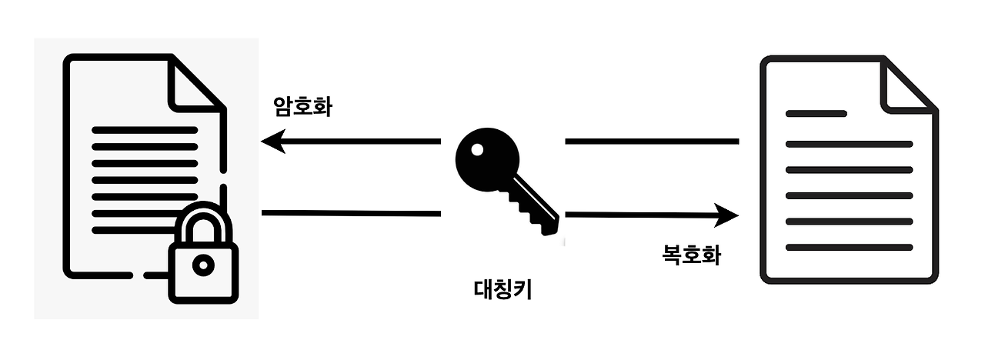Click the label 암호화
pos(302,106)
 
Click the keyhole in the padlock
pos(203,265)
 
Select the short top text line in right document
pos(816,114)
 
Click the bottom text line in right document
pos(848,247)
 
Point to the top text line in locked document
pos(145,129)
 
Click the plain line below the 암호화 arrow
pos(351,213)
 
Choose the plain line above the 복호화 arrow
pos(652,142)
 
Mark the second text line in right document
pos(848,144)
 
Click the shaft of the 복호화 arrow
pos(639,215)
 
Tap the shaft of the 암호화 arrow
pos(362,142)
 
